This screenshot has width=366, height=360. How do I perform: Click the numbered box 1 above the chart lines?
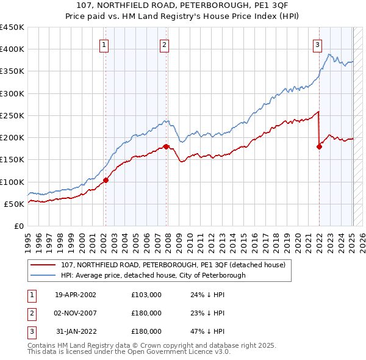point(104,44)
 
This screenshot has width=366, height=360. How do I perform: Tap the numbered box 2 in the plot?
point(165,44)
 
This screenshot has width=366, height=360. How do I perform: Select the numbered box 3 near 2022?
point(318,44)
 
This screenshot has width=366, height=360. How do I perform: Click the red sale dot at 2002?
point(106,180)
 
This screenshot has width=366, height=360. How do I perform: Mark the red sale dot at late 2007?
point(166,146)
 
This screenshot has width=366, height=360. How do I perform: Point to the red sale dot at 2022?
point(319,146)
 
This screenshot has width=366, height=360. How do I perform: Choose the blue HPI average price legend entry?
point(152,275)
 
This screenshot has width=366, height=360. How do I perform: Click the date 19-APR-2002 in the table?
point(76,295)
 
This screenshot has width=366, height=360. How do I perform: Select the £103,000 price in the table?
point(146,295)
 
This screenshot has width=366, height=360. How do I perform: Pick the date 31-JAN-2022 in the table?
point(76,331)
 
